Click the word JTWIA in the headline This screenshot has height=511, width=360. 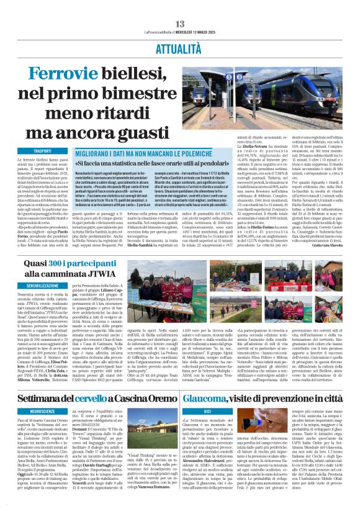(124, 273)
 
